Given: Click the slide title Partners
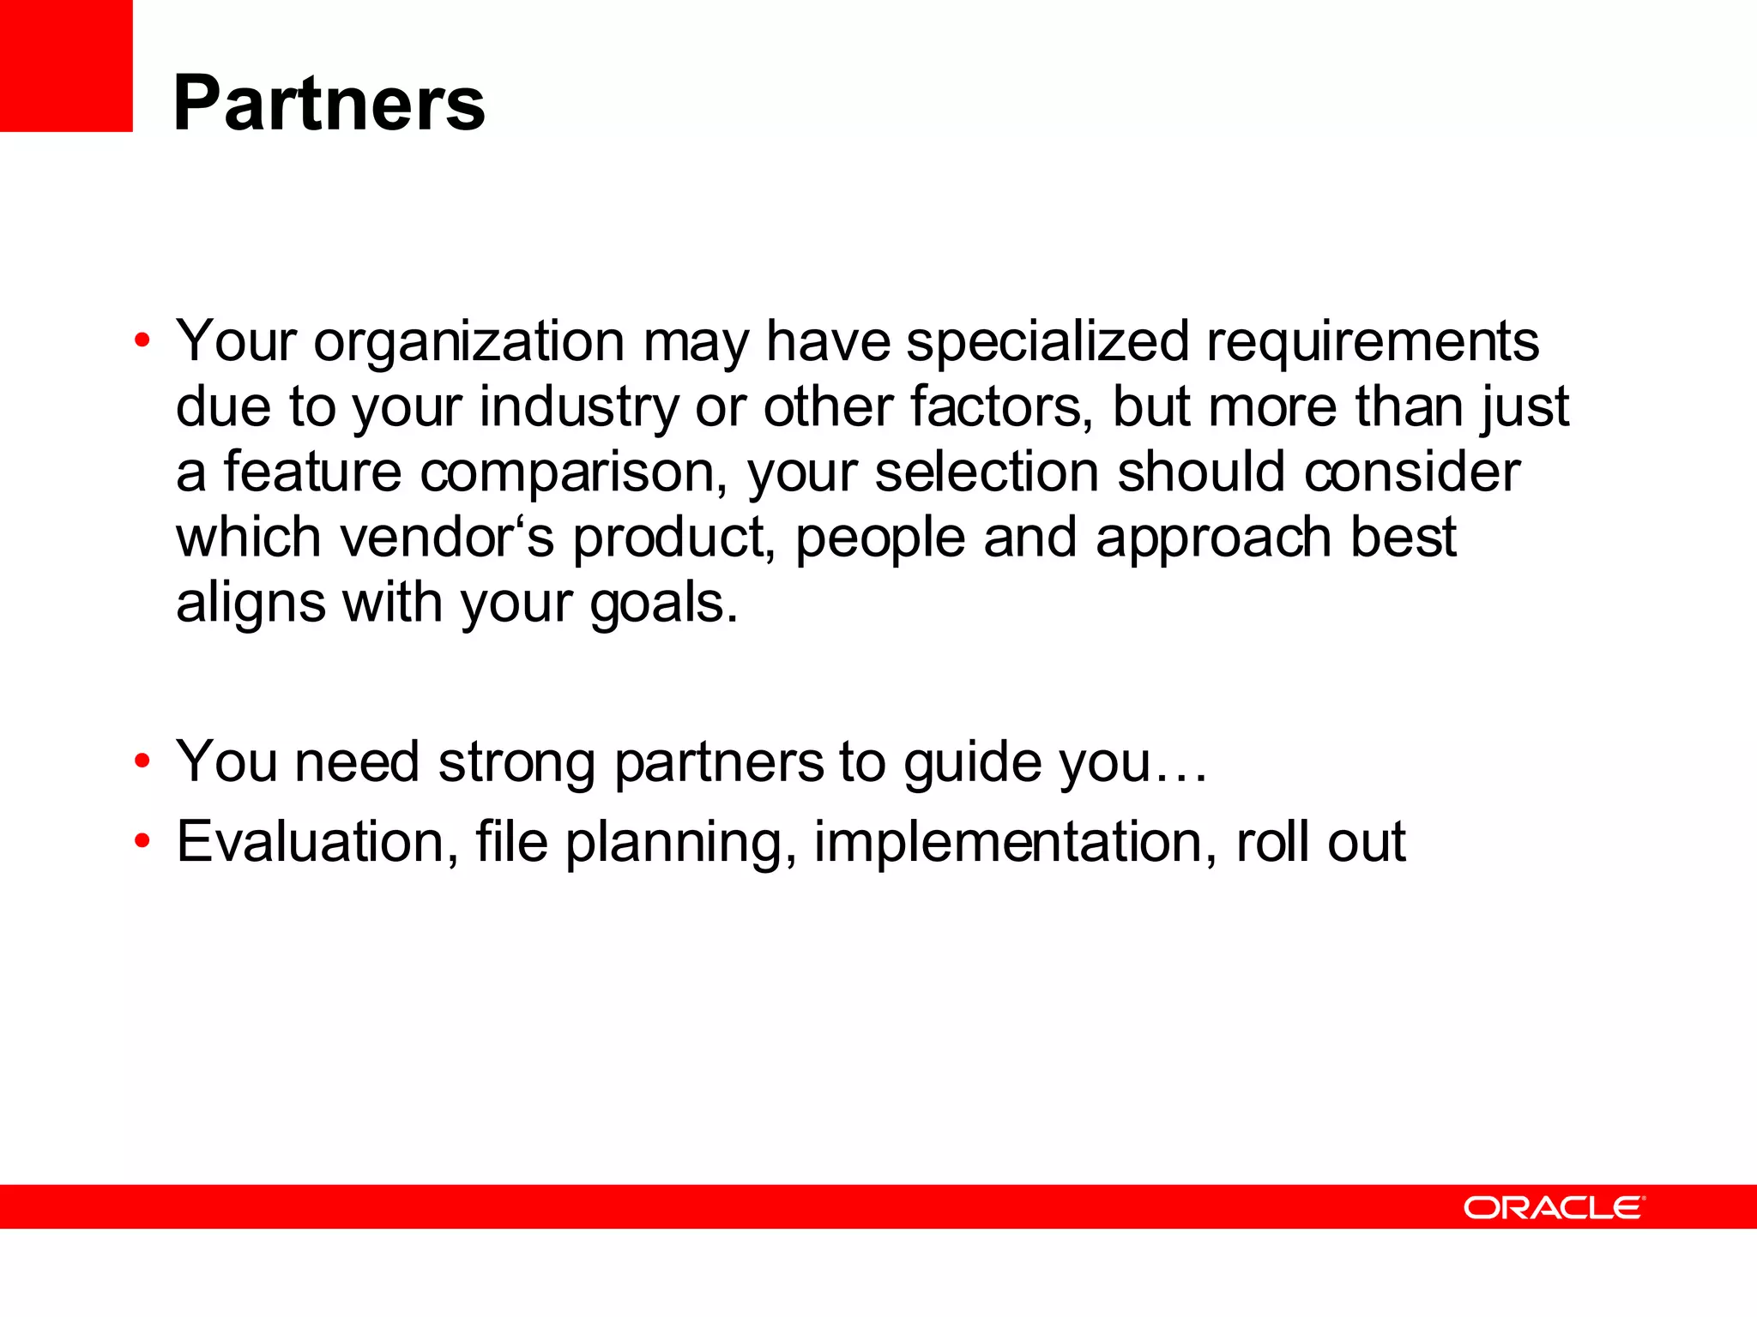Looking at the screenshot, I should coord(329,104).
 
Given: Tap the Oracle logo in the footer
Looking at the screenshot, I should coord(1554,1207).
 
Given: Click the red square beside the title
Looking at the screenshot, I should coord(66,65).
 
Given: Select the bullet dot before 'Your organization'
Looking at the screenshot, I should coord(142,342).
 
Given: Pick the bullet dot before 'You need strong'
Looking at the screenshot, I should coord(142,761).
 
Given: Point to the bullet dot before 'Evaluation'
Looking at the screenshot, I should coord(142,841).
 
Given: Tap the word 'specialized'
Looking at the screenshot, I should coord(1048,341).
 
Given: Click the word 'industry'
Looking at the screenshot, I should coord(578,407).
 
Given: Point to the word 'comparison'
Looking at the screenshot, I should coord(573,473).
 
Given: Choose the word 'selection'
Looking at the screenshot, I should coord(986,472).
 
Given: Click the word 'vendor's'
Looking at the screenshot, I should coord(447,538).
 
